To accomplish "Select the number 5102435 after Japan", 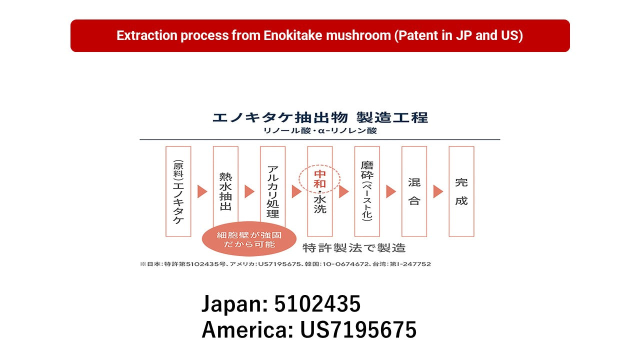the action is (317, 303).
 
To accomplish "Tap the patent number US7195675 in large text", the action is (358, 329).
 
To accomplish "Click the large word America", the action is (247, 329).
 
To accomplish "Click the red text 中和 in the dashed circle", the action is (319, 179).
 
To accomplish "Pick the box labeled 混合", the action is (414, 191).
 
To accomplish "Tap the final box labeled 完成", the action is (461, 191).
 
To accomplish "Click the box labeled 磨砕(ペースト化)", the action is (367, 191).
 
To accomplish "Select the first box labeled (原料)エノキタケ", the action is (178, 191).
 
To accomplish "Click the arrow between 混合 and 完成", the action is (437, 191).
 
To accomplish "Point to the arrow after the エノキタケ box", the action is (202, 191).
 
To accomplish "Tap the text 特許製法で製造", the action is (354, 247).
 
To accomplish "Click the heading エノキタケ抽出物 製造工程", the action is (320, 117).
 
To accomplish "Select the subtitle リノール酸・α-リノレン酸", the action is (320, 130).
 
